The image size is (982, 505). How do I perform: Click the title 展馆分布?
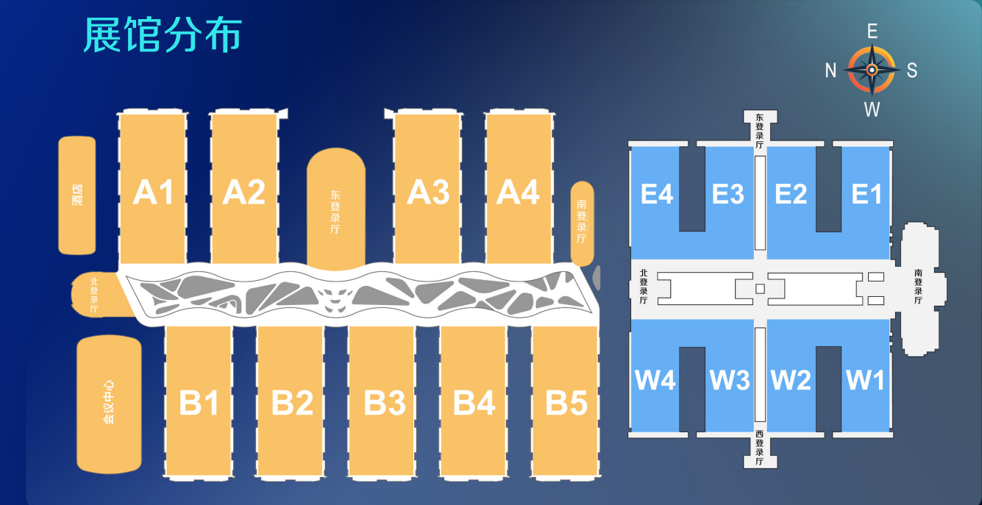(163, 35)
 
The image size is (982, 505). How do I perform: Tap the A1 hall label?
(154, 193)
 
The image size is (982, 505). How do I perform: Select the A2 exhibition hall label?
(244, 193)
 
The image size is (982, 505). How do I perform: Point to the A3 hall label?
(428, 193)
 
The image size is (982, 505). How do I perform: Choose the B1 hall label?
(199, 403)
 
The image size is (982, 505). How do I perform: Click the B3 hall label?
(385, 403)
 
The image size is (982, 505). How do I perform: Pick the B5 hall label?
(566, 403)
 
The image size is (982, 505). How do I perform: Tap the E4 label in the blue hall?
(657, 194)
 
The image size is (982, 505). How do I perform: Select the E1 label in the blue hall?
(867, 194)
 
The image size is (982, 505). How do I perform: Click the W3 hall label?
(730, 380)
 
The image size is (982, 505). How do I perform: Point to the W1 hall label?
(865, 380)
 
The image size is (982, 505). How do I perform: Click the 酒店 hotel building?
(77, 196)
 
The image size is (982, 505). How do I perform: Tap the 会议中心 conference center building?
(109, 404)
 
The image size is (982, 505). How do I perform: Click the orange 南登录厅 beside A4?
(582, 223)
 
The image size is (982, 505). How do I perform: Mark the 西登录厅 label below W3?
(760, 448)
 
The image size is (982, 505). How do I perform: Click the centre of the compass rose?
(872, 70)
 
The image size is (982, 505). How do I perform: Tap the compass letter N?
(830, 71)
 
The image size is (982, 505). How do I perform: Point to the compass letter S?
(912, 71)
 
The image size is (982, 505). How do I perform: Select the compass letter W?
(872, 110)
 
